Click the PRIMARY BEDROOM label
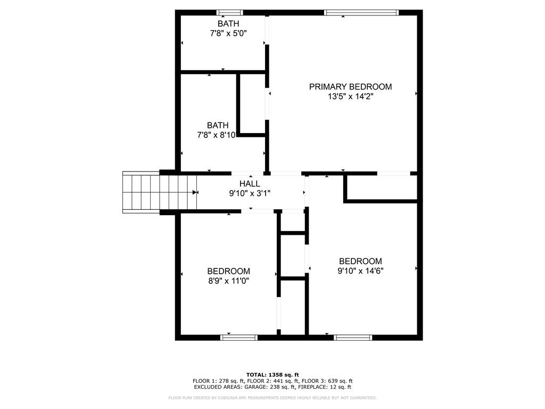(x=350, y=86)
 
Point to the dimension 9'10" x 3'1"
(x=250, y=193)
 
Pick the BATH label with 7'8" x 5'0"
(x=228, y=23)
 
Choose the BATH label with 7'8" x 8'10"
(x=218, y=125)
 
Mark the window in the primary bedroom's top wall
(x=361, y=12)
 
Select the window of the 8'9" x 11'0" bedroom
(x=239, y=337)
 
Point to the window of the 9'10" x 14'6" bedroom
(x=353, y=337)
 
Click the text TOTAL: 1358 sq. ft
(x=272, y=374)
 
